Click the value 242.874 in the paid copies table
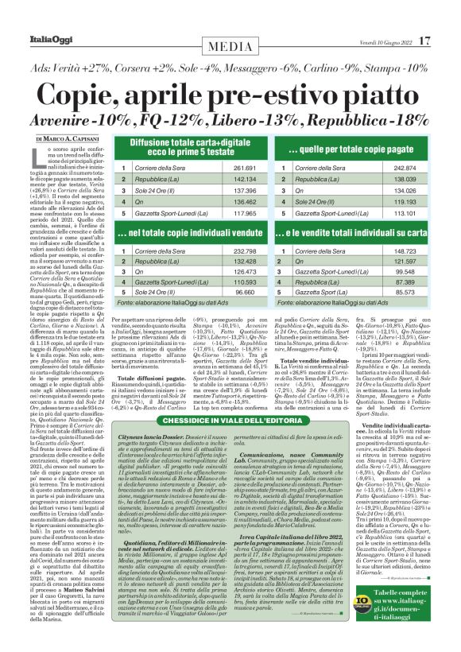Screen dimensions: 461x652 [399, 169]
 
